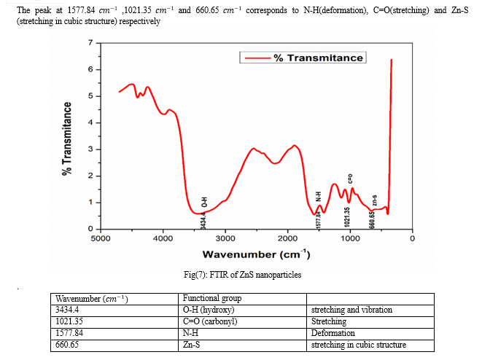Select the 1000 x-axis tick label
pyautogui.click(x=350, y=238)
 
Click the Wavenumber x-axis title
pyautogui.click(x=256, y=254)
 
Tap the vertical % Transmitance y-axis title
pyautogui.click(x=66, y=137)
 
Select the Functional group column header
pyautogui.click(x=211, y=298)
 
